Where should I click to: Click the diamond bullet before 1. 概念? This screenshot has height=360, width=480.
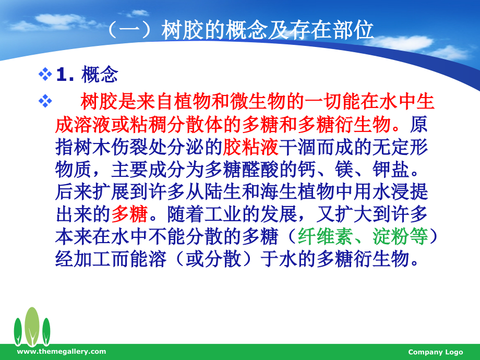[x=45, y=75]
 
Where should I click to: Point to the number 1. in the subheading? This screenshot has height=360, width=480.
[x=67, y=76]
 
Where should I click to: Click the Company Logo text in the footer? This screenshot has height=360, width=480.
[x=435, y=352]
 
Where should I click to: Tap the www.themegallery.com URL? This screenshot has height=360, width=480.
[x=62, y=352]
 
